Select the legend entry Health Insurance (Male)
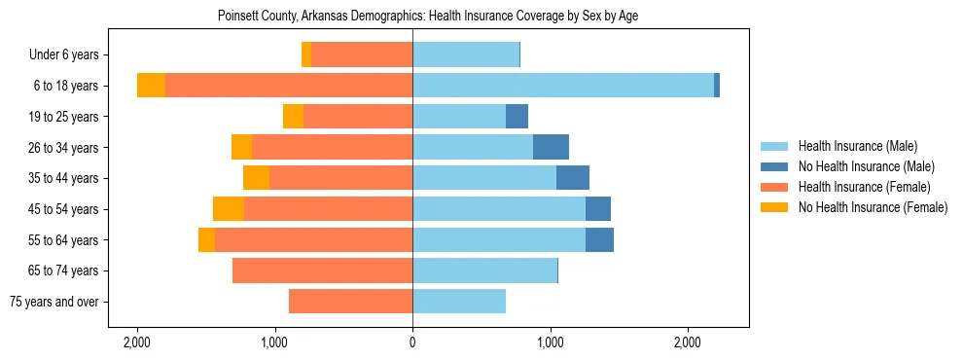[856, 146]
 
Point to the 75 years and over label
[53, 302]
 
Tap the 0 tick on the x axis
[412, 342]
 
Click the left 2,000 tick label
[137, 342]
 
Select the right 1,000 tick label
[551, 342]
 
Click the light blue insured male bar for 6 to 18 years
[563, 86]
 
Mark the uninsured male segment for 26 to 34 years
[551, 147]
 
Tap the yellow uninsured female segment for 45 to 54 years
[229, 209]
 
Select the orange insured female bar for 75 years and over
[350, 302]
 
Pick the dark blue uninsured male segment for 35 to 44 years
[573, 178]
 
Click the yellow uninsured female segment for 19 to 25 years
[293, 117]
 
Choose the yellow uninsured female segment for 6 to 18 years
[151, 86]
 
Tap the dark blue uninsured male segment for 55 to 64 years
[599, 239]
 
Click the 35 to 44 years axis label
[63, 178]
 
